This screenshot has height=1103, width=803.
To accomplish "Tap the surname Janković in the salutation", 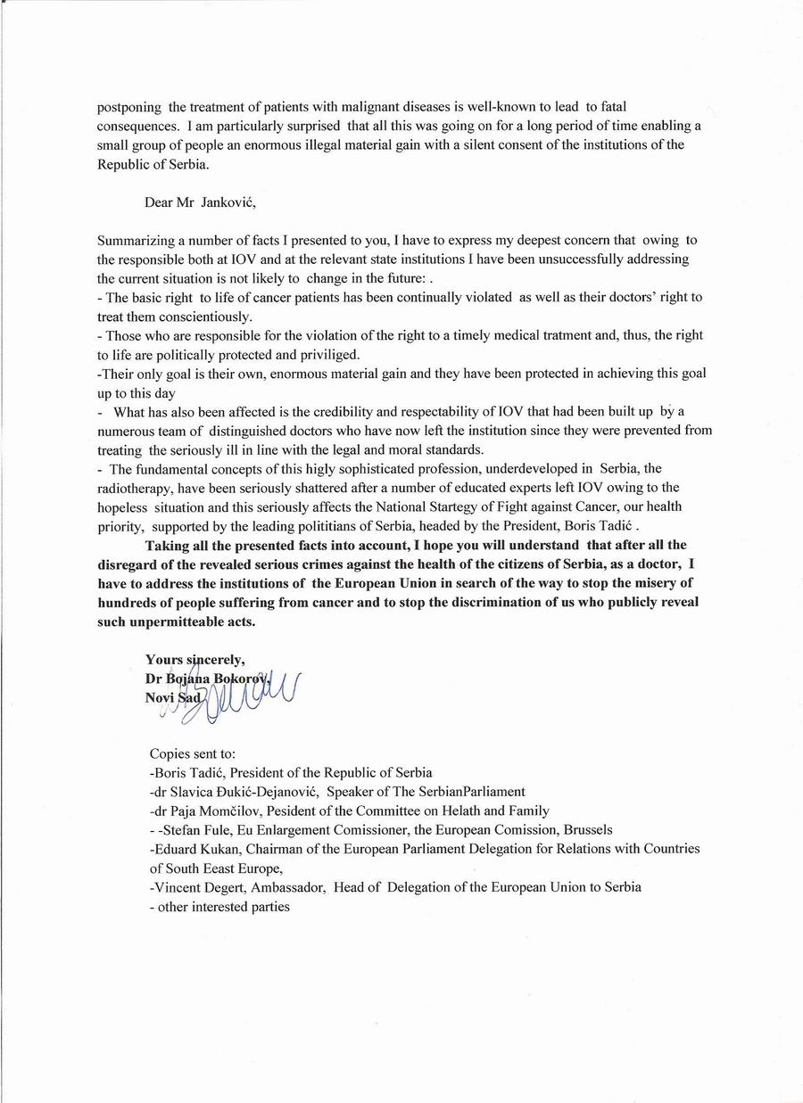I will click(x=229, y=202).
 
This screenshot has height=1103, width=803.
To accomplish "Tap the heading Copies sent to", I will click(x=193, y=753).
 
